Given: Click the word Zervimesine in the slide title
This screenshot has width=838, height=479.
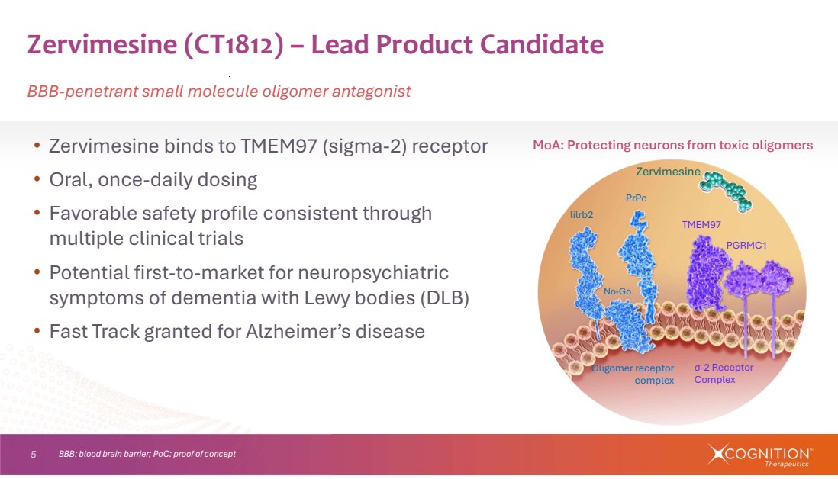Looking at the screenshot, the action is point(102,44).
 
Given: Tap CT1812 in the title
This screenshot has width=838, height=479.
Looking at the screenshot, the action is point(234,45).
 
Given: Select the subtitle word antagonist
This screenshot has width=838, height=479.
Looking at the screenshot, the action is point(372,92).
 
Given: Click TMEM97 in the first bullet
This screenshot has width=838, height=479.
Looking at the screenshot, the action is point(279,146).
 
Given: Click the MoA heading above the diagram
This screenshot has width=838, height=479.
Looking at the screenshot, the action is point(673,145).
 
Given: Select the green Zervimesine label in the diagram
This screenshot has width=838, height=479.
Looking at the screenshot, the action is point(668,172).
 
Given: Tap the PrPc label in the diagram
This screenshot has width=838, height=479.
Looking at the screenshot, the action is point(636,198).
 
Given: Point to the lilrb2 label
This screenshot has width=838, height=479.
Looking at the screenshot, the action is point(582,214).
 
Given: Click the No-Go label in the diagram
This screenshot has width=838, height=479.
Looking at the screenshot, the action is point(617,291).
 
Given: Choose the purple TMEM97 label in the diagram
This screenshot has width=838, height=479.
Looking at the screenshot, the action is point(701,225).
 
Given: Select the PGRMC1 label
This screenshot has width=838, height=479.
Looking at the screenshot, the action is point(746,245).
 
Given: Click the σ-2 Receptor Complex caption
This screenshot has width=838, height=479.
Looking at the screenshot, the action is point(724,373).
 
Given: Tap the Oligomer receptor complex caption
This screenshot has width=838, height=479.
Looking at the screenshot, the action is point(633,375).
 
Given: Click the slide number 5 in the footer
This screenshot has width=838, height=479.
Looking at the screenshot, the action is point(34,455).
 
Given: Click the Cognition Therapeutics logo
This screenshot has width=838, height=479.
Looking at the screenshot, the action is point(759,455).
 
